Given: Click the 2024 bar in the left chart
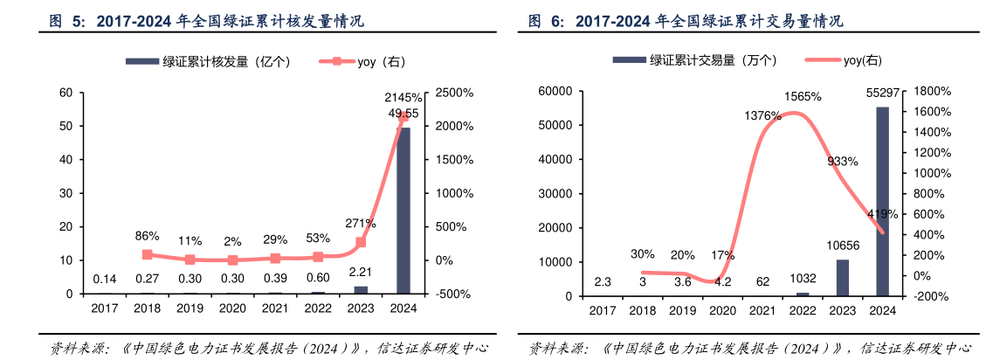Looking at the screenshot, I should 403,210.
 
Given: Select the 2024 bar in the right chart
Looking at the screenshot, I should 883,201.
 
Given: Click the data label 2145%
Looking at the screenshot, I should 403,97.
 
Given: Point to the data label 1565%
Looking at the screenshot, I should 802,96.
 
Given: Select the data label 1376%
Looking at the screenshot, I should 762,115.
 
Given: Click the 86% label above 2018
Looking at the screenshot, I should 147,236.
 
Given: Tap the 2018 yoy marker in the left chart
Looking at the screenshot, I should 147,254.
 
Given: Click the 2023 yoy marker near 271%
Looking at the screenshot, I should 361,242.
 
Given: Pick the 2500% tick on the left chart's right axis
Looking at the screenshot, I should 454,93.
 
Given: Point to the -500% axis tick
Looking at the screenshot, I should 452,294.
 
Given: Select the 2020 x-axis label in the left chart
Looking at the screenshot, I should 232,308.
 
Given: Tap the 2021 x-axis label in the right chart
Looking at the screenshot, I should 762,310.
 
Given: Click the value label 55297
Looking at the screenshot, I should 883,92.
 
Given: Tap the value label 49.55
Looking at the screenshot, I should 403,114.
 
